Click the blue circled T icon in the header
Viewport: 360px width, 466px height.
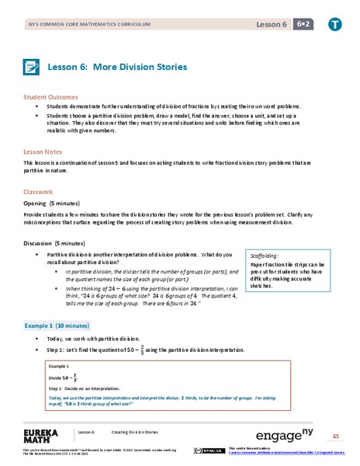pyautogui.click(x=334, y=25)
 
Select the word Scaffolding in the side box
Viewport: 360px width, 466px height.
pyautogui.click(x=267, y=254)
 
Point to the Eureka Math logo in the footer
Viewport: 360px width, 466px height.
pyautogui.click(x=43, y=433)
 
